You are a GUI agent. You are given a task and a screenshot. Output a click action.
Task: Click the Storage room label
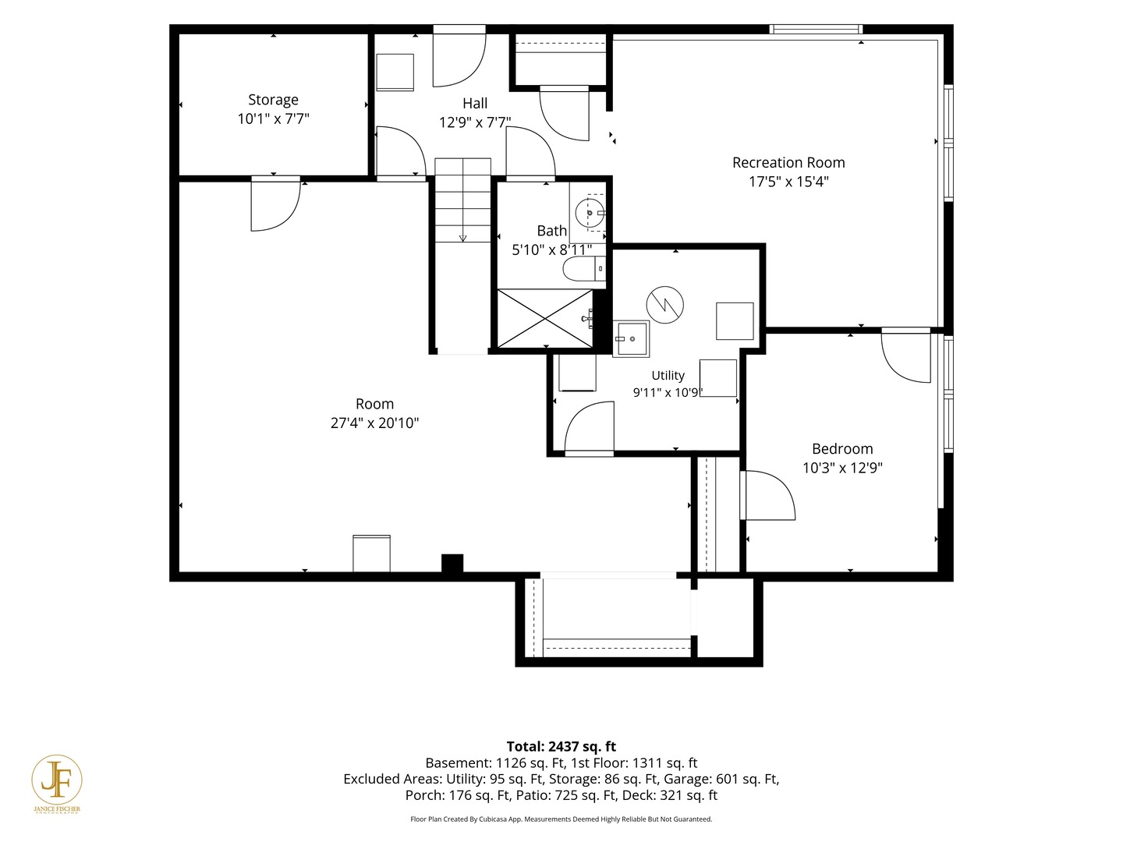pos(273,100)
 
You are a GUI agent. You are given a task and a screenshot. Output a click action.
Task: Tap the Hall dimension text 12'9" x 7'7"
pos(475,122)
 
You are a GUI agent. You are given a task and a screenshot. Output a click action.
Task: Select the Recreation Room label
pos(788,163)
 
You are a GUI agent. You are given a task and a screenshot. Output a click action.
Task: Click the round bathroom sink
pos(590,213)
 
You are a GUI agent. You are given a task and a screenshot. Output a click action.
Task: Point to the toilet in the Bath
pos(584,269)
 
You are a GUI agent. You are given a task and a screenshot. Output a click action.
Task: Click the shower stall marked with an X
pos(545,319)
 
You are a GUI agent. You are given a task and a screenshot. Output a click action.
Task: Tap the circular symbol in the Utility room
pos(664,305)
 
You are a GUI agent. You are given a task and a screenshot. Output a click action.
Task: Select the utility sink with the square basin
pos(631,338)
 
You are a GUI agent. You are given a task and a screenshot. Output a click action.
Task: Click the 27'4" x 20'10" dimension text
pos(374,423)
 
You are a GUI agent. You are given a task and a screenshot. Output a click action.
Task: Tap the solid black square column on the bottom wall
pos(452,564)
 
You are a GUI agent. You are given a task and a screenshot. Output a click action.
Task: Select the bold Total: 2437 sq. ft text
pos(561,746)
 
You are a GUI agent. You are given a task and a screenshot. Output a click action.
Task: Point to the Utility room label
pos(668,376)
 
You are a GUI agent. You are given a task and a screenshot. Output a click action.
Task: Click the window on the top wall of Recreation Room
pos(816,30)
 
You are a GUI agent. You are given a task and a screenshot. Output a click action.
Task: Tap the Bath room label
pos(551,231)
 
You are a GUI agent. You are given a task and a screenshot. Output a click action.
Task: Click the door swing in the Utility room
pos(590,428)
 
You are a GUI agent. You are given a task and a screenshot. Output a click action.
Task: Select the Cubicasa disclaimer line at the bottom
pos(561,819)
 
